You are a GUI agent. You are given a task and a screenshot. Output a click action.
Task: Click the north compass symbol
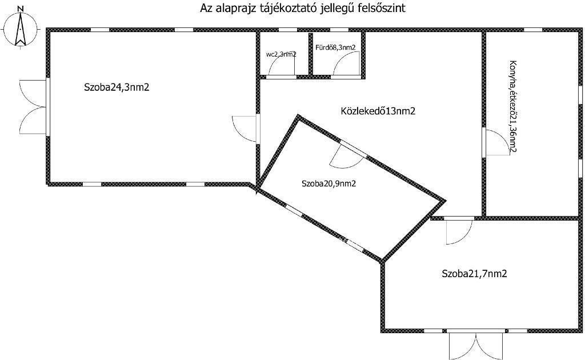[20, 30]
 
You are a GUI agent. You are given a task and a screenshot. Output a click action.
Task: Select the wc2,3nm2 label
[281, 55]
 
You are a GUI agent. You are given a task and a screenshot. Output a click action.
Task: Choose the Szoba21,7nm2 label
[474, 274]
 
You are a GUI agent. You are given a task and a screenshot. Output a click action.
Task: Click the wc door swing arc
[282, 67]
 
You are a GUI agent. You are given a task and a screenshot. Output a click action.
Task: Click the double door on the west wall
[33, 108]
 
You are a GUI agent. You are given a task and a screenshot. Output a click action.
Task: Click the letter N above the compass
[20, 9]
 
